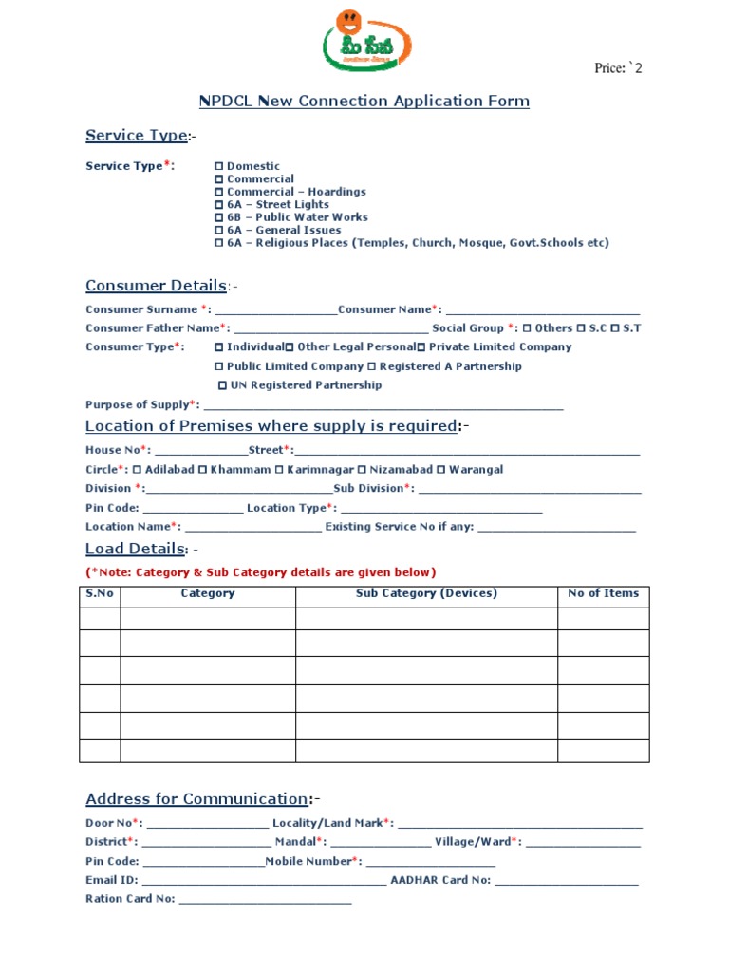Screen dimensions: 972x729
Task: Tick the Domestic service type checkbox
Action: [219, 166]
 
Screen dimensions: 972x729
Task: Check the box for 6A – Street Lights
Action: [219, 205]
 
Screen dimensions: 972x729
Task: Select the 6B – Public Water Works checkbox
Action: [219, 217]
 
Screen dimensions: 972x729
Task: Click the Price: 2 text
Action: [618, 68]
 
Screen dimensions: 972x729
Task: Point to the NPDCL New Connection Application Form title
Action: [364, 102]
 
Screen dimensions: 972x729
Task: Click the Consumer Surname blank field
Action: [276, 310]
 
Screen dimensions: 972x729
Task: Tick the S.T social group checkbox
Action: [615, 328]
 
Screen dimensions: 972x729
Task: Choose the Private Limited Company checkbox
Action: [421, 347]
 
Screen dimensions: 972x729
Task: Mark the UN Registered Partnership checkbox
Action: [223, 385]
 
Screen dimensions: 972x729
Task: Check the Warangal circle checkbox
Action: [440, 470]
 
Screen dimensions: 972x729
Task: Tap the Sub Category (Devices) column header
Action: [426, 594]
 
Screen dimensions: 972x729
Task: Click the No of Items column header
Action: [603, 594]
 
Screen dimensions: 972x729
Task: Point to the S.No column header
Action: [100, 594]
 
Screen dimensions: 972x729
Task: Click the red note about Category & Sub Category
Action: [261, 572]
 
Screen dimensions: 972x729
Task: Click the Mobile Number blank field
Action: [430, 863]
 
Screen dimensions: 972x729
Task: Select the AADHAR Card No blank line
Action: [567, 882]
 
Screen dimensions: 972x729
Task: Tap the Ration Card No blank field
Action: [265, 900]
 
